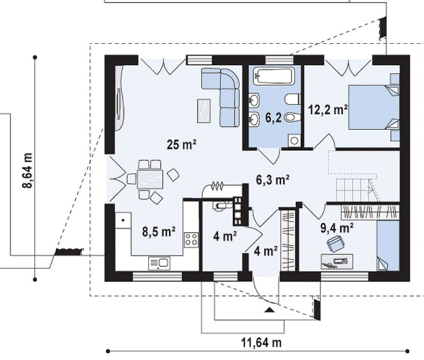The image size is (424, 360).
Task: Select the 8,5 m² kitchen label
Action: [x=159, y=232]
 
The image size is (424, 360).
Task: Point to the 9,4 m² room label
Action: [x=336, y=228]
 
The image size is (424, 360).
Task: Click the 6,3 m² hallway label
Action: [x=272, y=180]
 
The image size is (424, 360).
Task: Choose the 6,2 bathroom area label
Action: [x=273, y=118]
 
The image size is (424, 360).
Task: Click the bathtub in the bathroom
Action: [x=273, y=76]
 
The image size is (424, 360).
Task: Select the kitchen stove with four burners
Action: [x=191, y=240]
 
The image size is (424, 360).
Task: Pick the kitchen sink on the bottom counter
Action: [x=159, y=263]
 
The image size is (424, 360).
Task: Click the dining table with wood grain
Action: [x=150, y=179]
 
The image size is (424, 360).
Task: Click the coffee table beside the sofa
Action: [x=204, y=111]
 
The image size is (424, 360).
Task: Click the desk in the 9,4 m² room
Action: [x=337, y=261]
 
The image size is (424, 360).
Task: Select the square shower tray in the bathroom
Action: [x=294, y=141]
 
